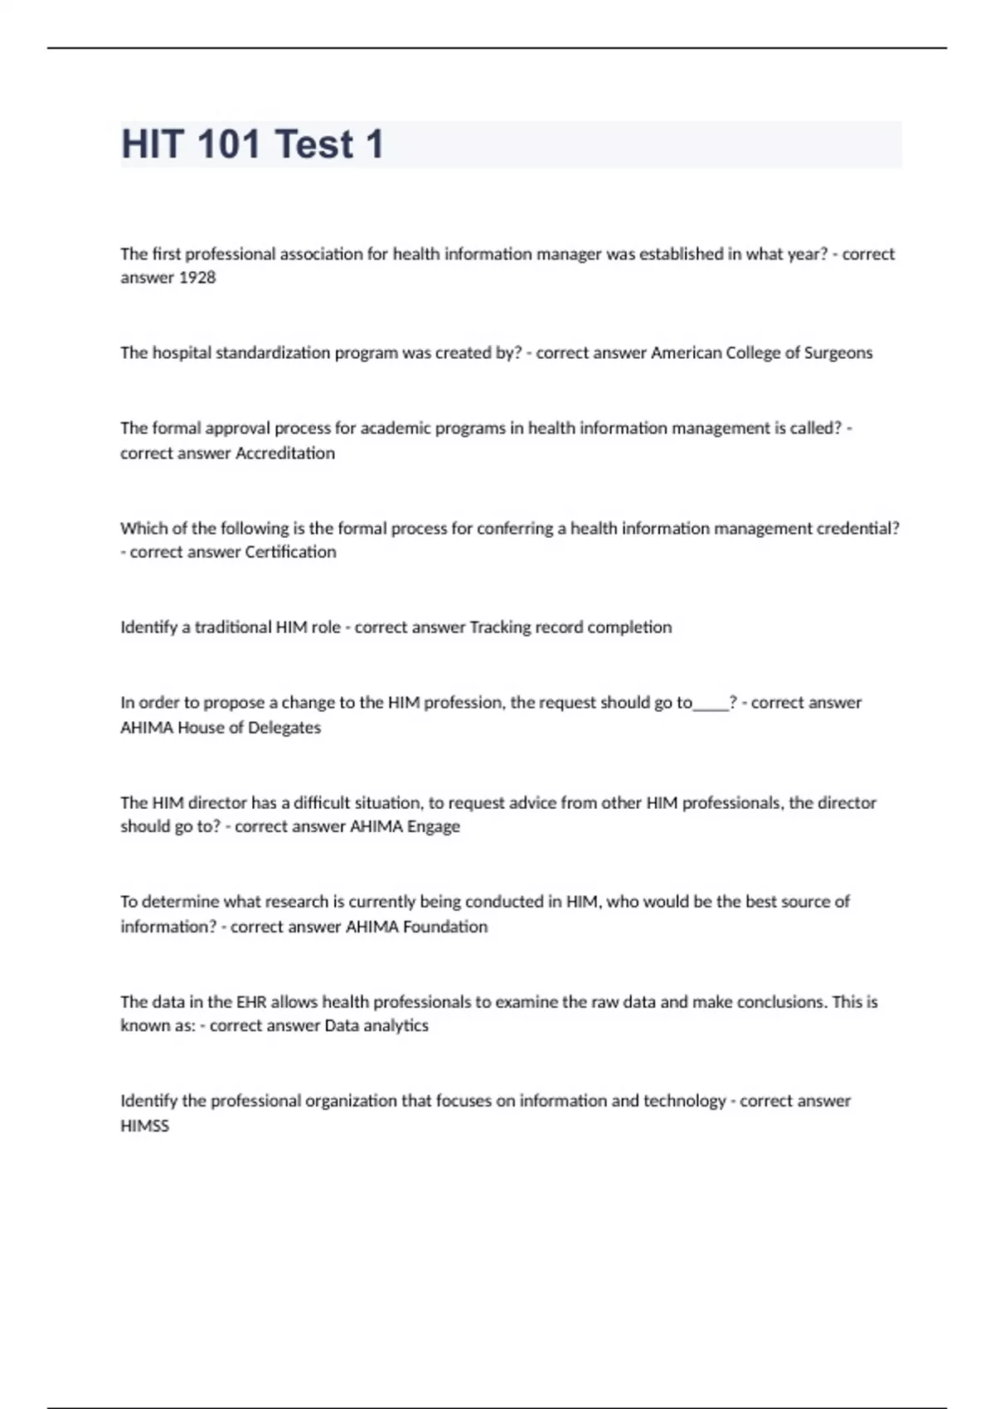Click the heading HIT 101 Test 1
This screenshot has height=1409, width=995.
click(253, 144)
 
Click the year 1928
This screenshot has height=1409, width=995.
click(197, 278)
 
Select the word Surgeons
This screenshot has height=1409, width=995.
click(838, 353)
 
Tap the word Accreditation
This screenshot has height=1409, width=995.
click(285, 453)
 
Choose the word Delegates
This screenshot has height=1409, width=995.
click(284, 728)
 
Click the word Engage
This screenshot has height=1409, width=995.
click(433, 826)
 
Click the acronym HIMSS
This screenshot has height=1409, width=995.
click(144, 1126)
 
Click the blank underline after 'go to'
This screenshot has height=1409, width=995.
click(711, 704)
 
